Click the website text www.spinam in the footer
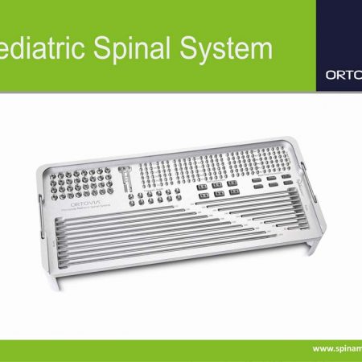click(336, 348)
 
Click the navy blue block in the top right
click(339, 45)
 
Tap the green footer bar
click(161, 349)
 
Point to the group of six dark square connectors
click(216, 189)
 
